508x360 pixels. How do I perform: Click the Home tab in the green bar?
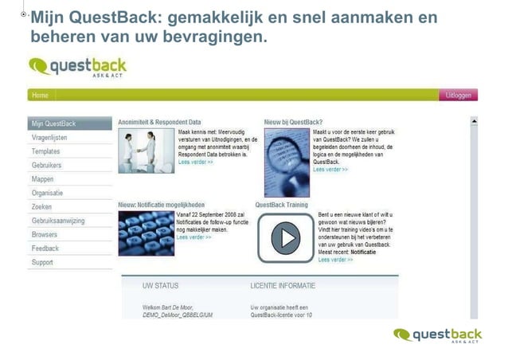click(x=40, y=96)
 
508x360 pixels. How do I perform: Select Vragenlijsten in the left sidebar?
click(x=49, y=138)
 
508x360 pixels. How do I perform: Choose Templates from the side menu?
click(x=46, y=151)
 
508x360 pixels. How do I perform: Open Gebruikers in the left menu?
click(x=47, y=165)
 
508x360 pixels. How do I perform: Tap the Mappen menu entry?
click(x=43, y=179)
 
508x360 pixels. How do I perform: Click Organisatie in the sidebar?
click(x=48, y=193)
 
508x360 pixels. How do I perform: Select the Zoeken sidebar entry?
click(x=42, y=207)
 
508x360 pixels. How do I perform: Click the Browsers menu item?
click(x=45, y=235)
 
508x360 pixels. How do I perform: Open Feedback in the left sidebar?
click(x=45, y=248)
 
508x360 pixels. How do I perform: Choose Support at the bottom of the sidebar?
click(x=43, y=262)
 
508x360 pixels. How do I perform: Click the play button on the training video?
click(x=284, y=237)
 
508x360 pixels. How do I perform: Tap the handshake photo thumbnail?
click(x=145, y=151)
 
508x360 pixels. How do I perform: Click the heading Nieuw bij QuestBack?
click(x=293, y=122)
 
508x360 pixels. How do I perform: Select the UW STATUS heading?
click(x=160, y=285)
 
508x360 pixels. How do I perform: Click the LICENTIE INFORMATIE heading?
click(x=283, y=285)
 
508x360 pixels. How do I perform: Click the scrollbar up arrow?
click(x=474, y=122)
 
